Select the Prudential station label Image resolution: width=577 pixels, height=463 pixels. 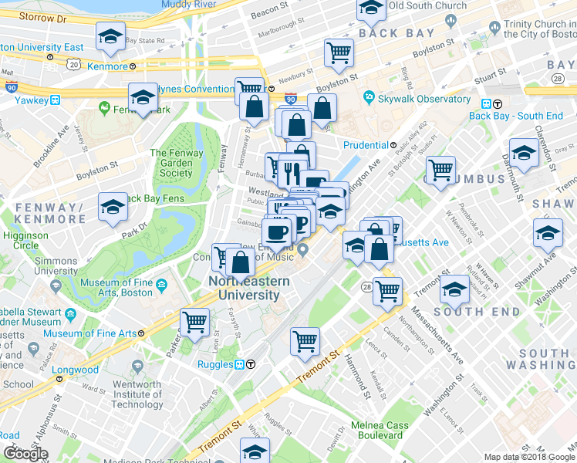click(x=365, y=144)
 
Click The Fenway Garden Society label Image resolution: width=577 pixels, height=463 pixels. click(x=177, y=163)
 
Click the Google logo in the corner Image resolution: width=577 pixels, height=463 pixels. click(x=25, y=454)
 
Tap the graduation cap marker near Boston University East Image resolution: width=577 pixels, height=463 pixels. click(x=110, y=36)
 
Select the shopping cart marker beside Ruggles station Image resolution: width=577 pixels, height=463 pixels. click(x=305, y=340)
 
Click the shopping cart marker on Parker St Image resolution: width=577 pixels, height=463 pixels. click(x=195, y=321)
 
